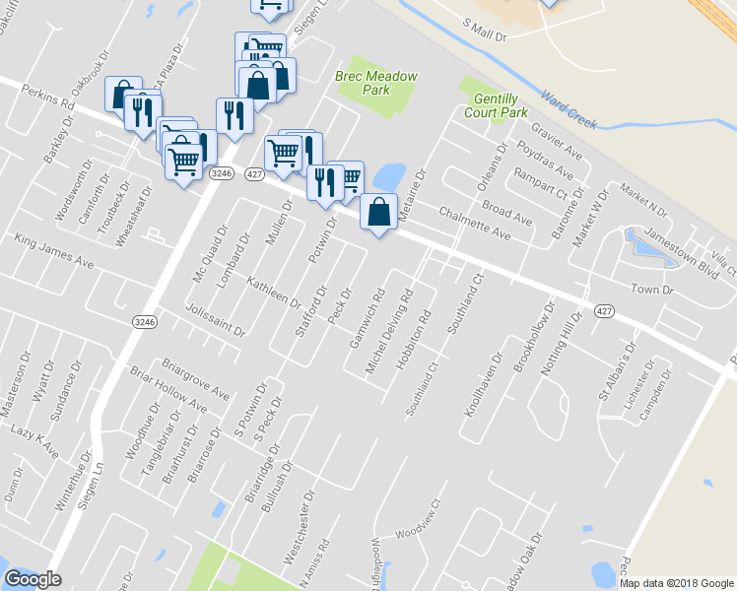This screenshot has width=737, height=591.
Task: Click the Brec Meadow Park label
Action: pyautogui.click(x=378, y=84)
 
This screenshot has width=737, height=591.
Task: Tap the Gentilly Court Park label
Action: pyautogui.click(x=502, y=106)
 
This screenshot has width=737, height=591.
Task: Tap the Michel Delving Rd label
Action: pyautogui.click(x=388, y=330)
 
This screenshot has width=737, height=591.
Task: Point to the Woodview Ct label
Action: pyautogui.click(x=416, y=533)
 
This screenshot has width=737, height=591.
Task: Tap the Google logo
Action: pyautogui.click(x=33, y=579)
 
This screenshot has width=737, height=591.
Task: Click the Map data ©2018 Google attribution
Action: pyautogui.click(x=676, y=582)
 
